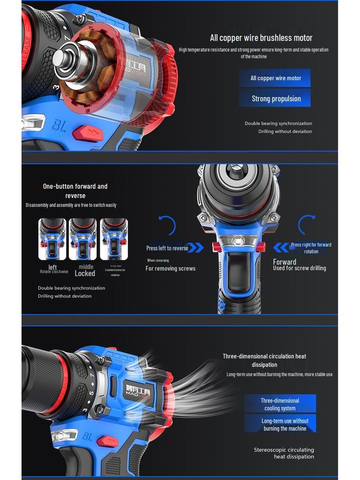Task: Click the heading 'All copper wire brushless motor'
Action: tap(261, 38)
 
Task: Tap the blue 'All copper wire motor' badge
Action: tap(275, 78)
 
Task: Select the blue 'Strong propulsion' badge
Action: tap(275, 98)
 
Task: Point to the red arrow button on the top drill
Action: tap(89, 133)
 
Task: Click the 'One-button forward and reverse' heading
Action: tap(75, 191)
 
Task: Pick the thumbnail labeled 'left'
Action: tap(52, 239)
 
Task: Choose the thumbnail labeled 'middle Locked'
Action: tap(83, 239)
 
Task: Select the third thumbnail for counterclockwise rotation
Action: tap(113, 239)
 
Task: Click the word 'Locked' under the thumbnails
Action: tap(85, 274)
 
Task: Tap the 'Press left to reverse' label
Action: tap(167, 248)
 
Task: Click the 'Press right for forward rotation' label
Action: tap(311, 248)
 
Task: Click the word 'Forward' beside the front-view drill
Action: tap(285, 262)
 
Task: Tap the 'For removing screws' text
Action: tap(170, 269)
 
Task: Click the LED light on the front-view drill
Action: tap(238, 241)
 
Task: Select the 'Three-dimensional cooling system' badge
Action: tap(280, 404)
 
